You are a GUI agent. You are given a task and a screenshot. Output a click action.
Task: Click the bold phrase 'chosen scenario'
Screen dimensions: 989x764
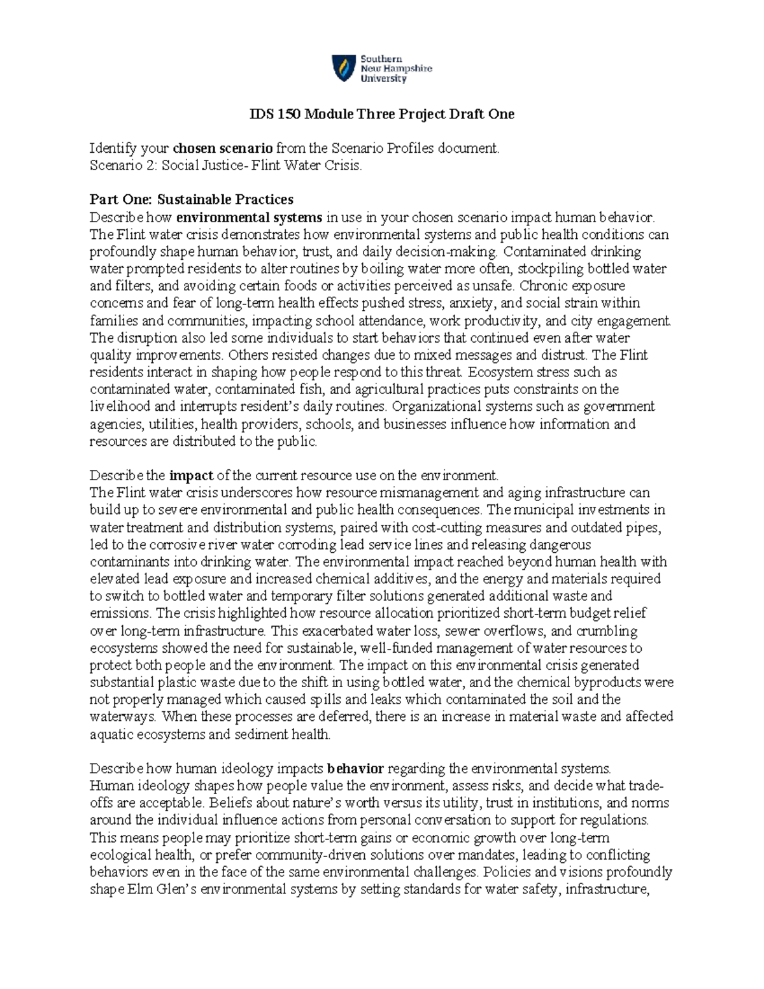coord(223,148)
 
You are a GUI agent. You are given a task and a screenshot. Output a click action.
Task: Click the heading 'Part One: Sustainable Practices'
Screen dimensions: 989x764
coord(192,200)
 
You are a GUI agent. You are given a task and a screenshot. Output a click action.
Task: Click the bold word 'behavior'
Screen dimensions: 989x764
coord(355,768)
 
